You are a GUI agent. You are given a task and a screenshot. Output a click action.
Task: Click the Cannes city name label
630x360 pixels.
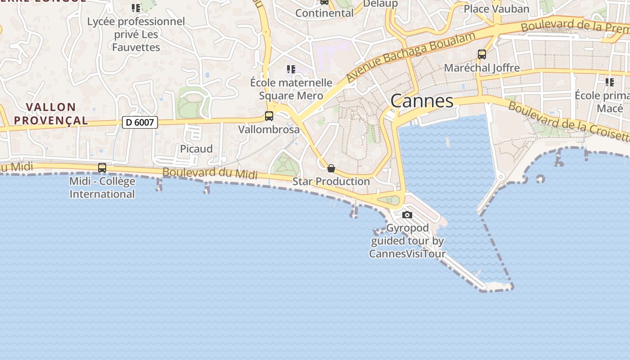[422, 101]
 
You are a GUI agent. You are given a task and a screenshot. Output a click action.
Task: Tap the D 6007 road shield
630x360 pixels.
[140, 122]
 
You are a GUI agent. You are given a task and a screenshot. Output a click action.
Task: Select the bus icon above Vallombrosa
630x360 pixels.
[269, 116]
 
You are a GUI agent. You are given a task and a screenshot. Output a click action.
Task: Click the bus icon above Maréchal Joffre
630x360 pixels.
[482, 54]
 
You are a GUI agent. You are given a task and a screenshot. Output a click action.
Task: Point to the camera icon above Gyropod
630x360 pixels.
[407, 215]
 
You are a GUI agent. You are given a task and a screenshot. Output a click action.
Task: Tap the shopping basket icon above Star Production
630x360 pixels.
[331, 168]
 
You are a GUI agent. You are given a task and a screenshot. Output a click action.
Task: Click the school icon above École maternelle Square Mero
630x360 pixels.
[291, 69]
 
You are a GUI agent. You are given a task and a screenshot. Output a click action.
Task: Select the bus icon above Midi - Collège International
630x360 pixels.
[102, 168]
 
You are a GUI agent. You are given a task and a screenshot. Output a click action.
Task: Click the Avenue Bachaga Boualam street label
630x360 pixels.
[410, 57]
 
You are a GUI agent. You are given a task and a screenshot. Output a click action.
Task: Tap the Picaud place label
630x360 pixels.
[196, 149]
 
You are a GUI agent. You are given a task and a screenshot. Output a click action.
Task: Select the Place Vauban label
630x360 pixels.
[496, 9]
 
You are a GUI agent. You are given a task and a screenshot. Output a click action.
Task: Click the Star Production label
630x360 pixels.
[331, 181]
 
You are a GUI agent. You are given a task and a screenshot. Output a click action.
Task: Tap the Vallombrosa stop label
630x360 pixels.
[269, 130]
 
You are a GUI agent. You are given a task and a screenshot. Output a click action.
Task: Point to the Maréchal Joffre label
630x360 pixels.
[482, 68]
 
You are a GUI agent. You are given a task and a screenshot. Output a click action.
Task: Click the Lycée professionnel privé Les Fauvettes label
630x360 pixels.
[136, 34]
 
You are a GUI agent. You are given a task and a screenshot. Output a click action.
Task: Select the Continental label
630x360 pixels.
[324, 13]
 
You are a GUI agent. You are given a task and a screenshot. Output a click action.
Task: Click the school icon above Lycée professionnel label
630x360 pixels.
[136, 8]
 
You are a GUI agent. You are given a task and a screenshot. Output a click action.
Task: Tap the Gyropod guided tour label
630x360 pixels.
[407, 241]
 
